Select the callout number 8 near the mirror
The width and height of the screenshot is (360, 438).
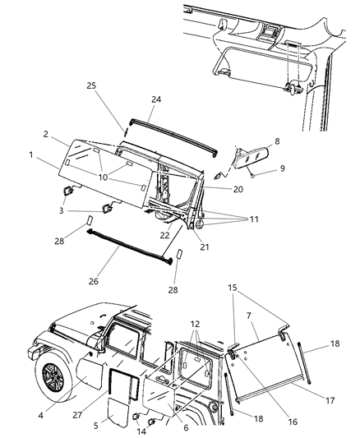coord(277,141)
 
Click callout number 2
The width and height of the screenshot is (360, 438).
coord(48,133)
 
